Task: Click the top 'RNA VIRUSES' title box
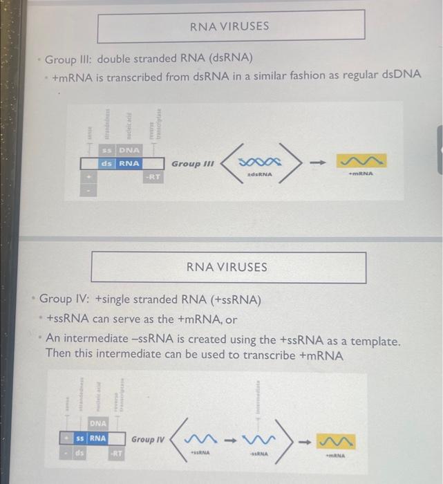(230, 26)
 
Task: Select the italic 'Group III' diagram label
(193, 164)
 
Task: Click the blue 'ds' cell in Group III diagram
(106, 164)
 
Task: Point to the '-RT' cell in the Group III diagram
(153, 178)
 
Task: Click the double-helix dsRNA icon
(260, 162)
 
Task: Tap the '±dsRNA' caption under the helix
(260, 175)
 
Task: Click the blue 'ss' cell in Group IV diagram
(80, 438)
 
